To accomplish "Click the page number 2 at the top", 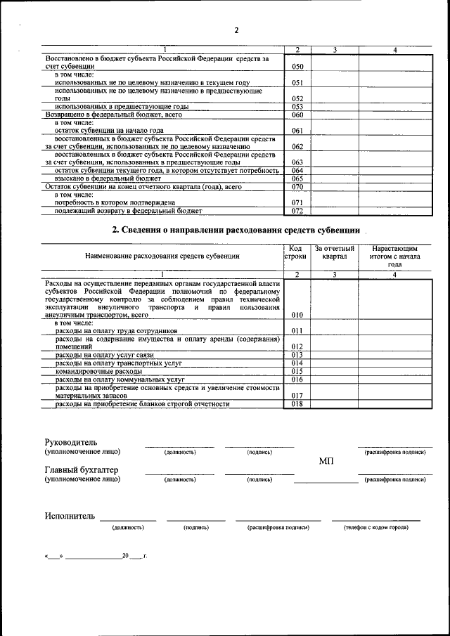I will pos(236,30).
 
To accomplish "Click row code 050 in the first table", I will pos(297,65).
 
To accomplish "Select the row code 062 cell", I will pos(297,146).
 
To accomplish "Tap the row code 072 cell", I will pos(297,211).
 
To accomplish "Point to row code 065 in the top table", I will pos(297,179).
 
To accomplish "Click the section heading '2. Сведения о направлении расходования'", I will pos(236,231).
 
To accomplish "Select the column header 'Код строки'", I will pos(297,253).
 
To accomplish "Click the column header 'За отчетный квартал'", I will pos(335,253).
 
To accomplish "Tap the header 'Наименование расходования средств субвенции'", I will pos(162,257).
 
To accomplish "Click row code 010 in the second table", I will pos(297,316).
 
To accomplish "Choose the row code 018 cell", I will pos(297,404).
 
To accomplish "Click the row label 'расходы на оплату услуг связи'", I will pos(104,355).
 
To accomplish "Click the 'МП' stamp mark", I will pos(326,460).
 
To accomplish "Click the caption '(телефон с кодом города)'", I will pos(375,526).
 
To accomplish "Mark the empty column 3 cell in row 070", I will pos(335,187).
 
